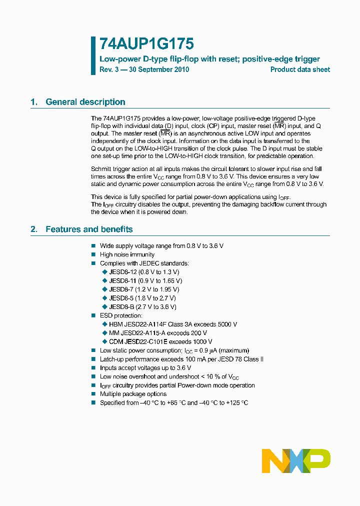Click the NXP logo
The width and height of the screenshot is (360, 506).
pos(296,460)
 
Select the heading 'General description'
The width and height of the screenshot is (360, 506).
pos(85,102)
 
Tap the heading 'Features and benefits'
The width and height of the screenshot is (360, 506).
pos(89,229)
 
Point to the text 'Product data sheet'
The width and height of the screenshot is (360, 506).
pos(300,70)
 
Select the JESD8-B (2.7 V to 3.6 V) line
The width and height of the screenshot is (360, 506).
pos(142,306)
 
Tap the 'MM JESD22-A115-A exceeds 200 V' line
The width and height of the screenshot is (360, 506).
pos(157,333)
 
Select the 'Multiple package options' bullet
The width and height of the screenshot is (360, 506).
pos(133,394)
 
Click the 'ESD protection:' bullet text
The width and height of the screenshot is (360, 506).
pos(121,315)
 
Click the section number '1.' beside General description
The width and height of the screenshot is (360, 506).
pos(34,102)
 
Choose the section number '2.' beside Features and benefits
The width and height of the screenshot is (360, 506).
pos(34,229)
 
